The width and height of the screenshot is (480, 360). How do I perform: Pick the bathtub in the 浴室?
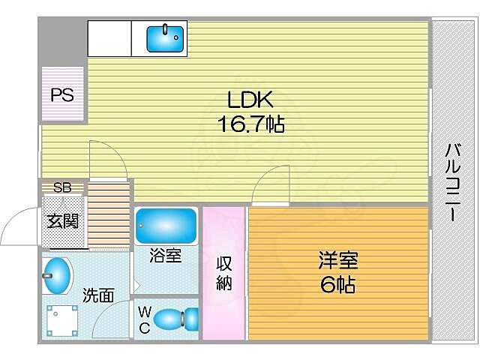coord(166,224)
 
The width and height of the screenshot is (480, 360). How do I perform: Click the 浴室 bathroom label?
coord(166,256)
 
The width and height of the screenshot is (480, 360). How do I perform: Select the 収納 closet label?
coord(223,273)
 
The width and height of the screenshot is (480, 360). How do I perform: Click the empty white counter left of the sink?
coord(109,38)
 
